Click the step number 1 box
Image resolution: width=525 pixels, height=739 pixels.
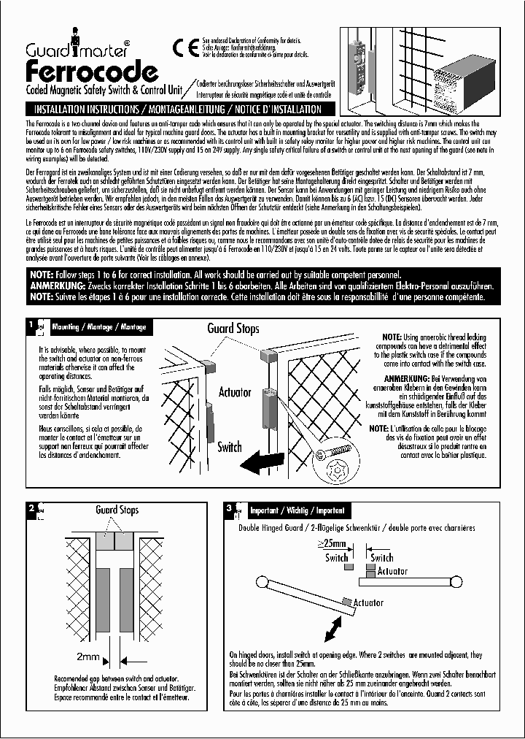[x=31, y=326]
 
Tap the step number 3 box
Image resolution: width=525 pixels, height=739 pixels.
[x=230, y=508]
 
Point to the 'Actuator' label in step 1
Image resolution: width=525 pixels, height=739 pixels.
[x=235, y=393]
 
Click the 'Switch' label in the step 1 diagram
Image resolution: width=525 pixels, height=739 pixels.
[x=230, y=447]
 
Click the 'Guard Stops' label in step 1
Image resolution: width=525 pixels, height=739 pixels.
[x=233, y=329]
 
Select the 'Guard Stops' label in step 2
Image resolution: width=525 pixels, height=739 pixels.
[x=117, y=510]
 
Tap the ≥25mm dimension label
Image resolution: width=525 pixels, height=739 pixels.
[x=333, y=544]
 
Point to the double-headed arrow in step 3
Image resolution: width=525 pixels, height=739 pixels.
[x=335, y=627]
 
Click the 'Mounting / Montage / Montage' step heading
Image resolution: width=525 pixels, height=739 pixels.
[x=98, y=326]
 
